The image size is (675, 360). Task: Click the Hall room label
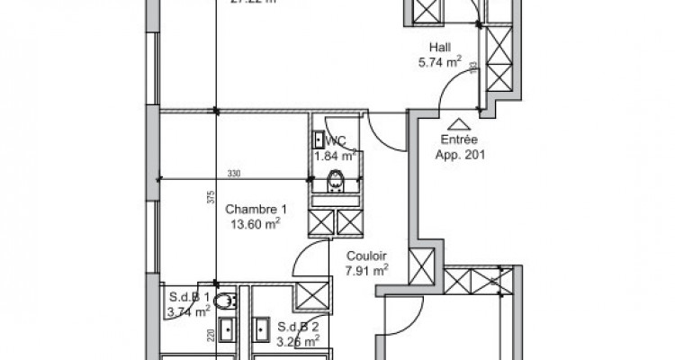tap(440, 49)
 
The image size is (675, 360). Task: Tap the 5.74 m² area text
tap(440, 63)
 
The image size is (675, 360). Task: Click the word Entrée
tap(457, 140)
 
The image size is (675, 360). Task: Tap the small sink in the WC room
tap(319, 139)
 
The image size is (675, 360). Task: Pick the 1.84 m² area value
tap(335, 155)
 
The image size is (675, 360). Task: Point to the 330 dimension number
tap(233, 174)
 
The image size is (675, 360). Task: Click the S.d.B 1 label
tap(189, 297)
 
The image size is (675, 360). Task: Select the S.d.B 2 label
tap(298, 326)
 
